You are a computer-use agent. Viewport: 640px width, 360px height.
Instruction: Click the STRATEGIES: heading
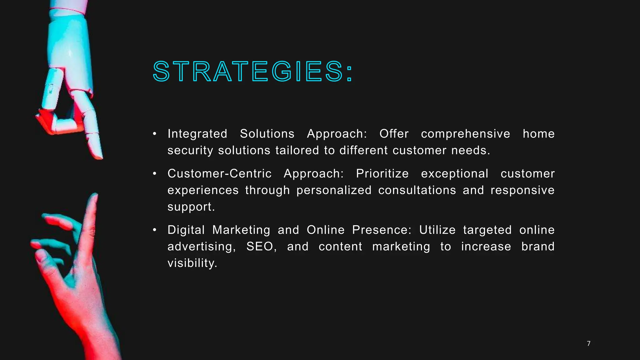point(252,72)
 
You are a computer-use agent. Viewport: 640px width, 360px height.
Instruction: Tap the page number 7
point(589,343)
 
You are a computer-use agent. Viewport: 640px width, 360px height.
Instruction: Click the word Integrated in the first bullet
point(197,134)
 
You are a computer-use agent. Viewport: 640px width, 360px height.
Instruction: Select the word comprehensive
point(465,134)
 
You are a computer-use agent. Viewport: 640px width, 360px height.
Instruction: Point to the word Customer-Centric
point(219,174)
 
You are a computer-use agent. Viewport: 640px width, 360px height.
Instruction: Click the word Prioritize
point(382,174)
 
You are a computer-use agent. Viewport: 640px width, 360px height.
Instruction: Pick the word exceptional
point(454,174)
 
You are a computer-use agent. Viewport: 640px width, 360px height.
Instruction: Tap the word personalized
point(334,190)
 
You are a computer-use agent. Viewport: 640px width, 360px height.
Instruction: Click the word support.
point(191,207)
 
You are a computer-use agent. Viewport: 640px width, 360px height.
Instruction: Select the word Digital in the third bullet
point(186,230)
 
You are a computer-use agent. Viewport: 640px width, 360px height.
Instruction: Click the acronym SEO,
point(261,247)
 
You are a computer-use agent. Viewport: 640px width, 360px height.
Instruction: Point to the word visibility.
point(192,263)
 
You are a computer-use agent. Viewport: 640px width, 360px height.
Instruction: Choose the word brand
point(538,247)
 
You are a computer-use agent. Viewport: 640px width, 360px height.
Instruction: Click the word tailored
point(297,151)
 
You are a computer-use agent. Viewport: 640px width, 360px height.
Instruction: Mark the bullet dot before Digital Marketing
point(154,230)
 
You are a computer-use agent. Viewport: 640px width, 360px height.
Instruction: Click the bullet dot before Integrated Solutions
point(154,134)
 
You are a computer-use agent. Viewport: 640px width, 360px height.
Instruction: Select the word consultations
point(417,190)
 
